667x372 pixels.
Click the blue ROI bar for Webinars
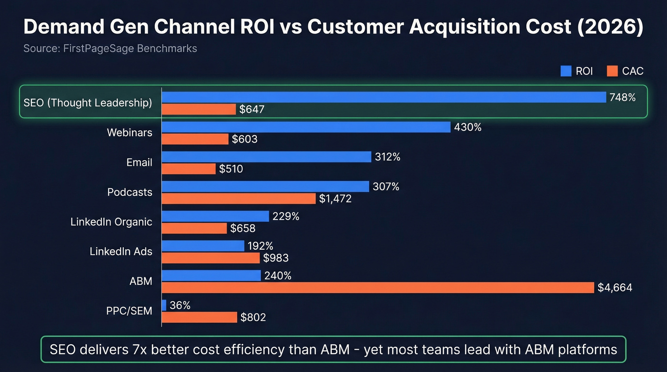tap(306, 127)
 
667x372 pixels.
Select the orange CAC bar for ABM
tap(378, 288)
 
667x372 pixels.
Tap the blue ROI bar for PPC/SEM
tap(164, 305)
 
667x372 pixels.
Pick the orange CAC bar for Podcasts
tap(239, 198)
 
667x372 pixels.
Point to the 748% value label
tap(622, 98)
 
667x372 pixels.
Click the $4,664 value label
tap(615, 288)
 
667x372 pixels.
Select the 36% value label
tap(180, 305)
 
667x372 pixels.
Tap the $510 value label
tap(231, 169)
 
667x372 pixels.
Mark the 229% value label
tap(286, 216)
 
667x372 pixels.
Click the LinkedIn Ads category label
tap(121, 251)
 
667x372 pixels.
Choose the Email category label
tap(139, 162)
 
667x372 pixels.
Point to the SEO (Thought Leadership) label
tap(88, 103)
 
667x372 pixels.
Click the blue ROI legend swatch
tap(566, 71)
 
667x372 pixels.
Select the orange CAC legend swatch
tap(612, 71)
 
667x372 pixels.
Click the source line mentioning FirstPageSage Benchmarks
tap(110, 49)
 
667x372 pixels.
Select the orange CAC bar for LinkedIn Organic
tap(194, 228)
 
